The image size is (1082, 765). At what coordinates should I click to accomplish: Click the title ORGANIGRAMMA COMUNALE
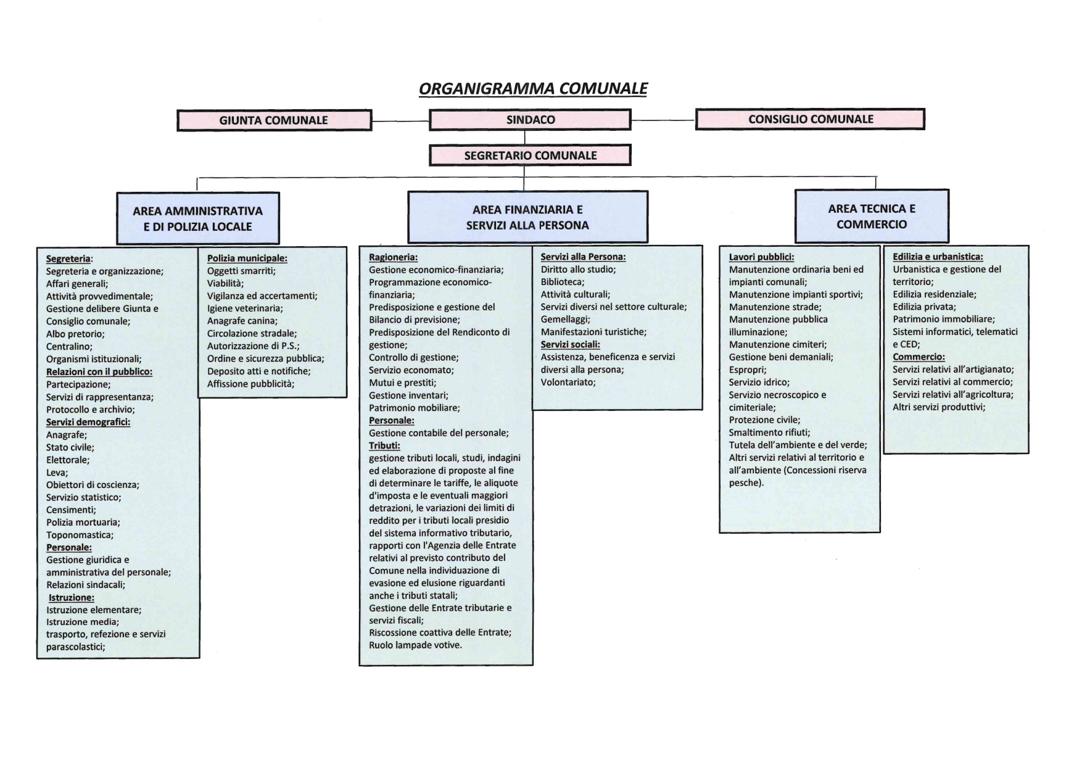pos(533,89)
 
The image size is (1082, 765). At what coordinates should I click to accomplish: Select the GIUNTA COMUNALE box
pos(274,120)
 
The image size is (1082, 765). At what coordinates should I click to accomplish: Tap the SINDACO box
pos(530,120)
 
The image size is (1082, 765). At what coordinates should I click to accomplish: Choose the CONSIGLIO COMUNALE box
pos(810,119)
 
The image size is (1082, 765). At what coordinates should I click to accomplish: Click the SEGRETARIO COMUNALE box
pos(530,155)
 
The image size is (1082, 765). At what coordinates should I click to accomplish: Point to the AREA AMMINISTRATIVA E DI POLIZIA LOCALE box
pos(197,218)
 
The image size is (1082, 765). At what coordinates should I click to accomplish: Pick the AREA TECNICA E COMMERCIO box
pos(871,216)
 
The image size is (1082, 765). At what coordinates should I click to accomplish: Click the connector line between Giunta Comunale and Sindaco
pos(400,121)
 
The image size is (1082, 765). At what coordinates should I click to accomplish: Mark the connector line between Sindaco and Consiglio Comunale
pos(663,120)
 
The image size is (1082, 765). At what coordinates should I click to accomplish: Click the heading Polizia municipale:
pos(247,258)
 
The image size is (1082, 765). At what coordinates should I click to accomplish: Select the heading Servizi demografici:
pos(88,422)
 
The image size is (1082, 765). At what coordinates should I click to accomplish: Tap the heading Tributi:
pos(384,445)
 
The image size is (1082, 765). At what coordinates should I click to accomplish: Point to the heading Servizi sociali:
pos(570,344)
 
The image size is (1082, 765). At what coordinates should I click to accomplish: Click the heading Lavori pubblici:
pos(761,257)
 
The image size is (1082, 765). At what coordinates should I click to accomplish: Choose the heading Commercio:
pos(919,357)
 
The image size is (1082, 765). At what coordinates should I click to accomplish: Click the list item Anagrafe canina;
pos(242,321)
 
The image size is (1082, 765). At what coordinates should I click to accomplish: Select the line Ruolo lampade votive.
pos(415,645)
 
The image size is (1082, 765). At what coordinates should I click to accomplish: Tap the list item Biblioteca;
pos(563,282)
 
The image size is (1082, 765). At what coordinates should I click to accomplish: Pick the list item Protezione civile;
pos(764,420)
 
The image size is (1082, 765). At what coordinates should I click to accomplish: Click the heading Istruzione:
pos(72,597)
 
